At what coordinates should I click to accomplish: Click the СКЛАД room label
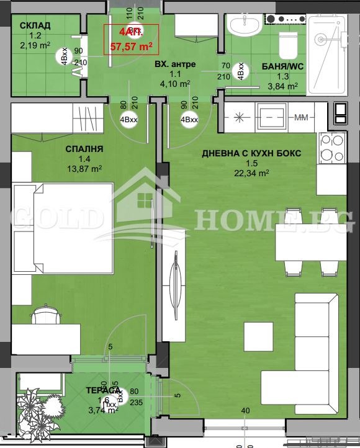click(x=35, y=25)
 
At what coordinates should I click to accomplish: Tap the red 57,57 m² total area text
click(x=132, y=46)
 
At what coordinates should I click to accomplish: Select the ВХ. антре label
click(x=174, y=64)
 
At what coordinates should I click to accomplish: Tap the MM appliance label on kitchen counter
click(x=301, y=117)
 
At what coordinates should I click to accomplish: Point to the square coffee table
click(x=258, y=337)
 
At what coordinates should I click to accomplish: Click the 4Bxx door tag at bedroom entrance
click(x=129, y=120)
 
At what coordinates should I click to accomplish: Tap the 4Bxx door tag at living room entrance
click(x=189, y=120)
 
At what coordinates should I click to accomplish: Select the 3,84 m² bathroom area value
click(x=282, y=86)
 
